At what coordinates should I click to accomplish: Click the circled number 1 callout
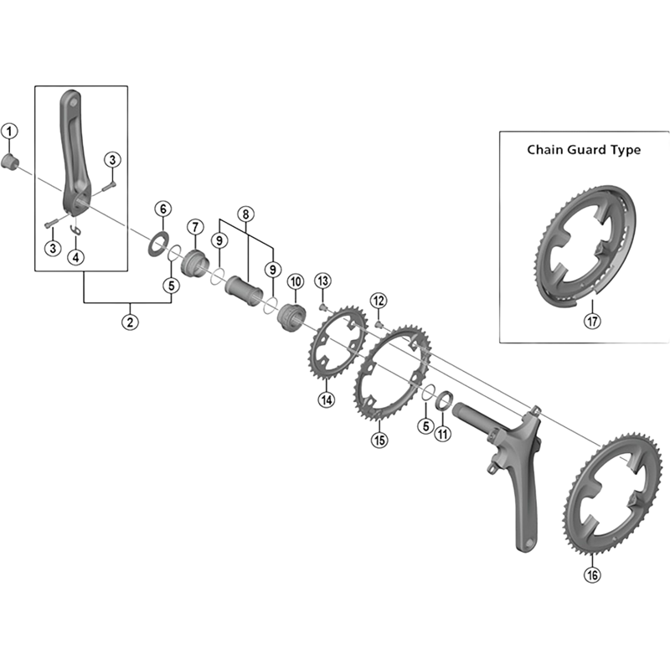coord(9,131)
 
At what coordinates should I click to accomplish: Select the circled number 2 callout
coord(130,322)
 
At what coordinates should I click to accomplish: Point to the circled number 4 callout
coord(76,257)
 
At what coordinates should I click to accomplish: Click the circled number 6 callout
coord(162,208)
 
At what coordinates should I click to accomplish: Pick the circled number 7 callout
coord(195,227)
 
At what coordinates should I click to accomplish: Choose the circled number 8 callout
coord(245,214)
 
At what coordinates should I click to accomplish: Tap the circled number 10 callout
coord(294,281)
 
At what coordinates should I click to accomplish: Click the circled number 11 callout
coord(443,433)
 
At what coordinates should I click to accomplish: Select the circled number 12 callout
coord(379,300)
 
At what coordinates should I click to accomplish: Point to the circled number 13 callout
coord(323,280)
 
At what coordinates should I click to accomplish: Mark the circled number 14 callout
coord(326,400)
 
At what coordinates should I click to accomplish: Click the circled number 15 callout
coord(380,439)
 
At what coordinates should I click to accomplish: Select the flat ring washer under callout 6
coord(156,245)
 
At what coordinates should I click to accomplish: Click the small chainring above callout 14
coord(335,353)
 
